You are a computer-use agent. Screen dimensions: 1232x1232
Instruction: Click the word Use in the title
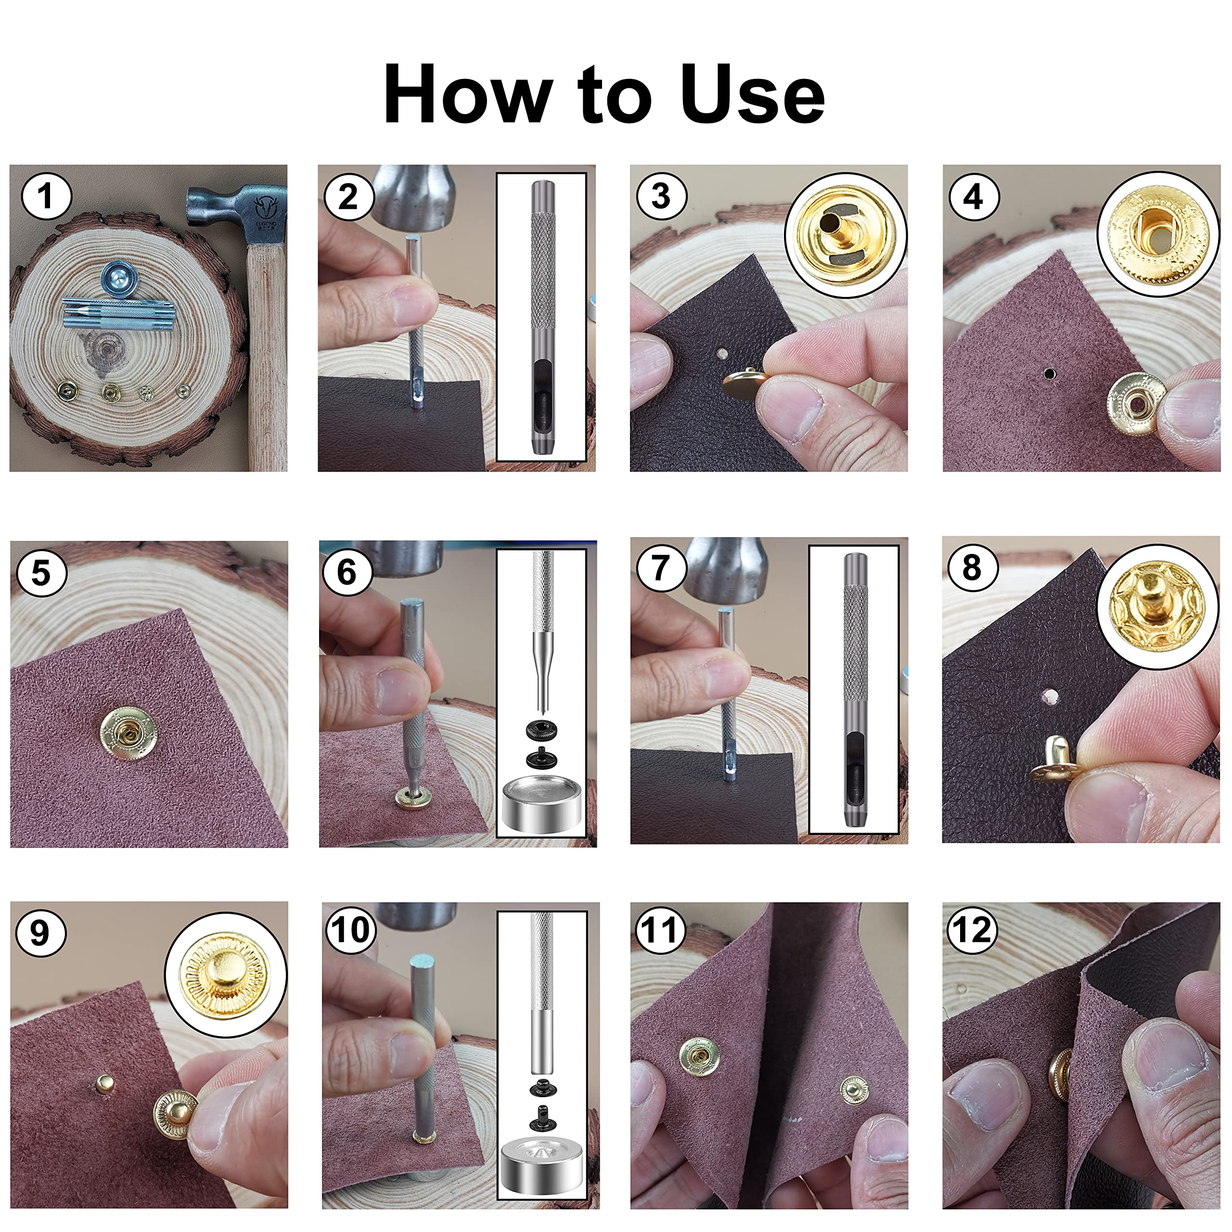click(753, 94)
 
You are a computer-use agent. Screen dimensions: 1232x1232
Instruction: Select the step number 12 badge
click(971, 930)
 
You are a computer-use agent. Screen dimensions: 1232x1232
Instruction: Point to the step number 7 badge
click(661, 567)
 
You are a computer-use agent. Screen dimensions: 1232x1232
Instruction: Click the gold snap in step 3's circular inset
click(844, 235)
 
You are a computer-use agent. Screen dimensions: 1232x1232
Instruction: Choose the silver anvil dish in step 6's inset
click(541, 806)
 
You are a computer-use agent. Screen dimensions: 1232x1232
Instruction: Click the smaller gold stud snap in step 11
click(854, 1091)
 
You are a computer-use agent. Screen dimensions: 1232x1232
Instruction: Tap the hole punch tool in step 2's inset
click(542, 317)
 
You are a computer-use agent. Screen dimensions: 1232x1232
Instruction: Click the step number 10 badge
click(349, 930)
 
